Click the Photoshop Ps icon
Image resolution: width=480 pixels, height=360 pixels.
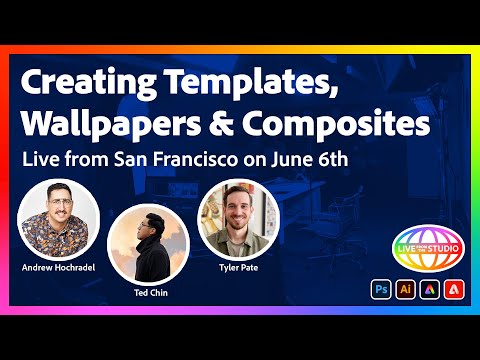click(381, 289)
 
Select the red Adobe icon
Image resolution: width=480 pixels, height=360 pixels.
click(452, 289)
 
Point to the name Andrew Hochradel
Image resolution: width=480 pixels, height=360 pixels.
click(58, 268)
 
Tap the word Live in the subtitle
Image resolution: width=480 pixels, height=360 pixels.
click(39, 160)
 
